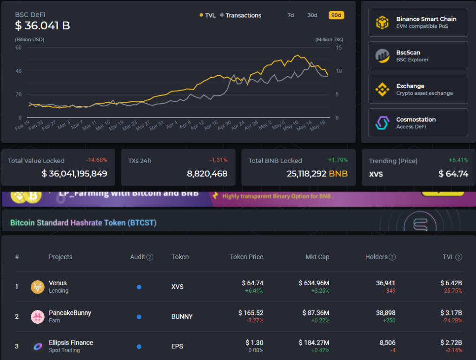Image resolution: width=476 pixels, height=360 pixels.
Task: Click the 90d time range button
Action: click(336, 15)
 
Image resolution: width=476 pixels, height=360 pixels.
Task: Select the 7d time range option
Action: click(291, 15)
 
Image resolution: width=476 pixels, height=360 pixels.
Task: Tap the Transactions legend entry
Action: click(241, 15)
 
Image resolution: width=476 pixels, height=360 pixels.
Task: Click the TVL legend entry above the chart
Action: click(207, 15)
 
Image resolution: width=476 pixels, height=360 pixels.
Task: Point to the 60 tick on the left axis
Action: click(19, 48)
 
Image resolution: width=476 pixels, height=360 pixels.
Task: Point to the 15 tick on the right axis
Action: click(339, 48)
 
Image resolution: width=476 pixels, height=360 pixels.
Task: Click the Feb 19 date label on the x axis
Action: click(22, 126)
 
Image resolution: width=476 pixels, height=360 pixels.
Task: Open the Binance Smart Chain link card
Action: click(418, 22)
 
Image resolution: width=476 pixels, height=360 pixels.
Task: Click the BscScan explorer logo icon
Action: click(382, 56)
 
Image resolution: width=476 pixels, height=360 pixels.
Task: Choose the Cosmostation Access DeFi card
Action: click(418, 123)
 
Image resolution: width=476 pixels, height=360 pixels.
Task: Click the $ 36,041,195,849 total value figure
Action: click(74, 174)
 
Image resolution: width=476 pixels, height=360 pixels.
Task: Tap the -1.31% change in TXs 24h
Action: click(218, 160)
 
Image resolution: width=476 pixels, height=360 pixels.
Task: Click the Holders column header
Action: click(377, 257)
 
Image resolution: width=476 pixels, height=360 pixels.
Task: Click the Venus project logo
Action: click(37, 287)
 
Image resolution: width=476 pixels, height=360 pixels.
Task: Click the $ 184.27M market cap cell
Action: click(314, 342)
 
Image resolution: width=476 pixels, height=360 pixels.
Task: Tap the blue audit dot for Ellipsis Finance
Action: click(139, 347)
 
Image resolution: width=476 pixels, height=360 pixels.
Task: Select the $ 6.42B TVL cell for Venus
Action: click(451, 283)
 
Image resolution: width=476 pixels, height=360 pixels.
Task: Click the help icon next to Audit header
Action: click(150, 257)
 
